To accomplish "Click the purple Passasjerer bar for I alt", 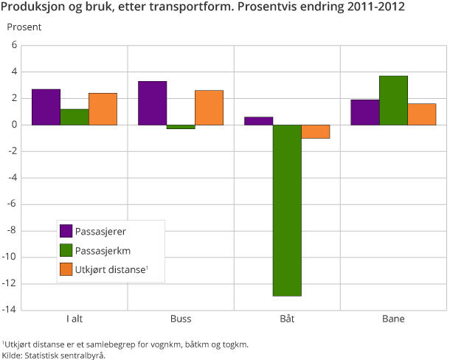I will tap(46, 107).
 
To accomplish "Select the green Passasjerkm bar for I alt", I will tap(75, 117).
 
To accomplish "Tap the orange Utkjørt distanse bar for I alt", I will tap(103, 108).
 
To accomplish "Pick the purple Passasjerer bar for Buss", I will tap(153, 103).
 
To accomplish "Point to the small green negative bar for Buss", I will tap(181, 127).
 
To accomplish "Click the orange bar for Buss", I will tap(209, 107).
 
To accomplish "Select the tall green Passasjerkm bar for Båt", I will tap(287, 210).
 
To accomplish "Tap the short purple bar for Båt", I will tap(259, 121).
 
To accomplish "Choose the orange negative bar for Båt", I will tap(315, 131).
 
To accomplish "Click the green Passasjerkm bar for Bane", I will tap(393, 100).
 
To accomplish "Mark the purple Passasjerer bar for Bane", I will tap(364, 112).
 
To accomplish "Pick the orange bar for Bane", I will tap(421, 114).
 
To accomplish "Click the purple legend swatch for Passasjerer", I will tap(66, 231).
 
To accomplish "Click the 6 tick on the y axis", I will tap(14, 45).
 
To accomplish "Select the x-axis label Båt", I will tap(287, 319).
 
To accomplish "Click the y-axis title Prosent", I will tap(24, 27).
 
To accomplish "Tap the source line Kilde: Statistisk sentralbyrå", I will tap(54, 355).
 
